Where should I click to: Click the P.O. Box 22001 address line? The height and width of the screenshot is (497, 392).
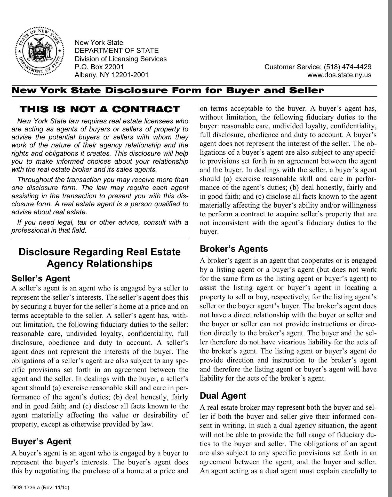(x=99, y=67)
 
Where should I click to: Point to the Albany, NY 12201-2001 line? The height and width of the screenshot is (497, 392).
(x=111, y=75)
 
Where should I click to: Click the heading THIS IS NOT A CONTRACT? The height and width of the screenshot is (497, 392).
(x=100, y=109)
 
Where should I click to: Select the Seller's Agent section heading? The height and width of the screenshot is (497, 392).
(x=41, y=279)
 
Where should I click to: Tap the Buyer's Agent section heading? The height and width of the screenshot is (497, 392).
(x=41, y=441)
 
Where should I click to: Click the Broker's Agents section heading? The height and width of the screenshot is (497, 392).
(x=234, y=249)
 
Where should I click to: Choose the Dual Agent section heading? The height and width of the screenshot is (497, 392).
(x=223, y=396)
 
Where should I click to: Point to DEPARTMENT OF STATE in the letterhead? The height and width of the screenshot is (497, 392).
(x=117, y=51)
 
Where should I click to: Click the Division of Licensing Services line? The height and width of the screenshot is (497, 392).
(x=121, y=59)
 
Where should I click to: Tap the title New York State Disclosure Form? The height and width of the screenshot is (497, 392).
(x=168, y=91)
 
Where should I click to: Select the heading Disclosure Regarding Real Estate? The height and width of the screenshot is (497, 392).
(x=100, y=252)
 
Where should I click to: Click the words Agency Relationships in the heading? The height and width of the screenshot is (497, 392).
(x=100, y=264)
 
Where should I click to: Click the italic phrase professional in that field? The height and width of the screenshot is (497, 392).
(x=49, y=230)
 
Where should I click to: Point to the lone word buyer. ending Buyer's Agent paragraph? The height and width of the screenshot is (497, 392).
(x=209, y=232)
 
